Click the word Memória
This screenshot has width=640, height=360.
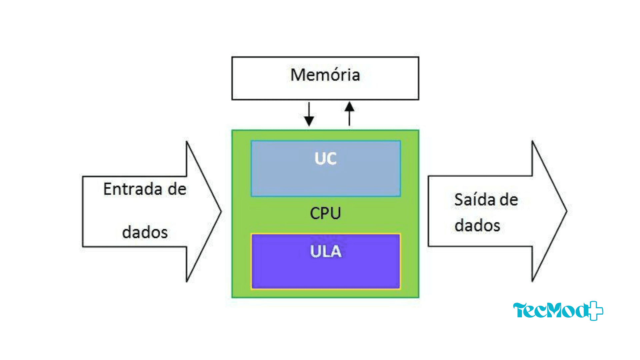point(325,75)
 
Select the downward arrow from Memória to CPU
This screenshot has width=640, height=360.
point(309,113)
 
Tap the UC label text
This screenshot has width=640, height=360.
point(325,159)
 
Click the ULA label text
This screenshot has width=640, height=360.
point(326,251)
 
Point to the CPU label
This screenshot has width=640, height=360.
point(325,213)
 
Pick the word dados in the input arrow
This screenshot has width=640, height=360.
point(145,232)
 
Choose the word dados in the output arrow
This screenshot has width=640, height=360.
point(477,225)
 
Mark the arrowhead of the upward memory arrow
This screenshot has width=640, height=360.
point(349,107)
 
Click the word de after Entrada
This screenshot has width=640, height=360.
point(177,189)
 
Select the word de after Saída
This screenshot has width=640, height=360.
point(509,200)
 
